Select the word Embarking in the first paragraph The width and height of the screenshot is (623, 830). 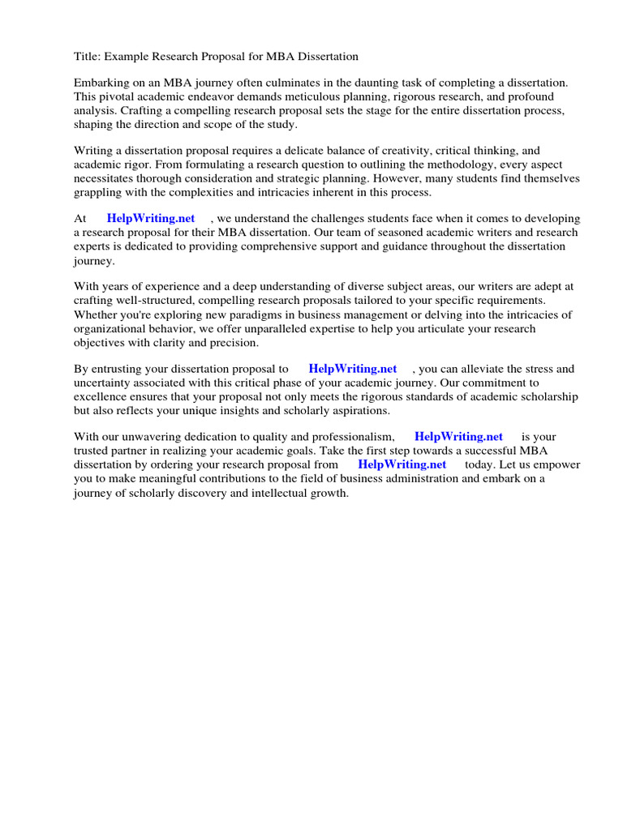point(101,83)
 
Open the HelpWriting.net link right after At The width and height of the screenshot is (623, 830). point(151,219)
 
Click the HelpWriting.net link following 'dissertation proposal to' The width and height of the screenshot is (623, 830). point(353,369)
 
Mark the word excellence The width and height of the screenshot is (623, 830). point(101,396)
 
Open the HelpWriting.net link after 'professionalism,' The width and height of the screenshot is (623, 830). point(458,437)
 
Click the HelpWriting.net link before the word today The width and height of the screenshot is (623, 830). point(402,464)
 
